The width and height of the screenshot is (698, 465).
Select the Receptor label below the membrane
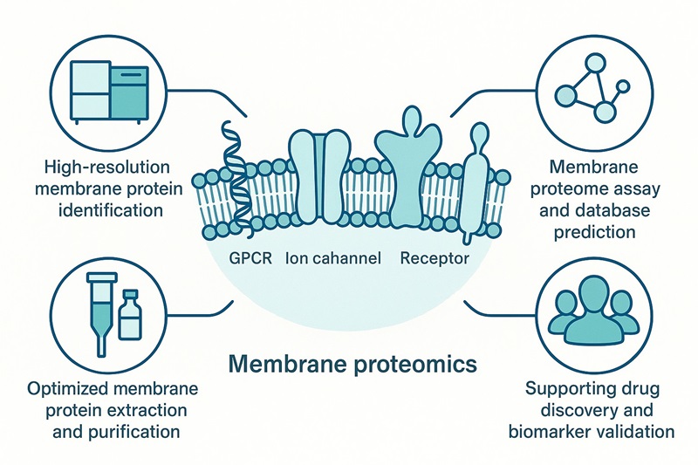(x=435, y=258)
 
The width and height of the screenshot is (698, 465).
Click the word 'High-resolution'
(x=103, y=166)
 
